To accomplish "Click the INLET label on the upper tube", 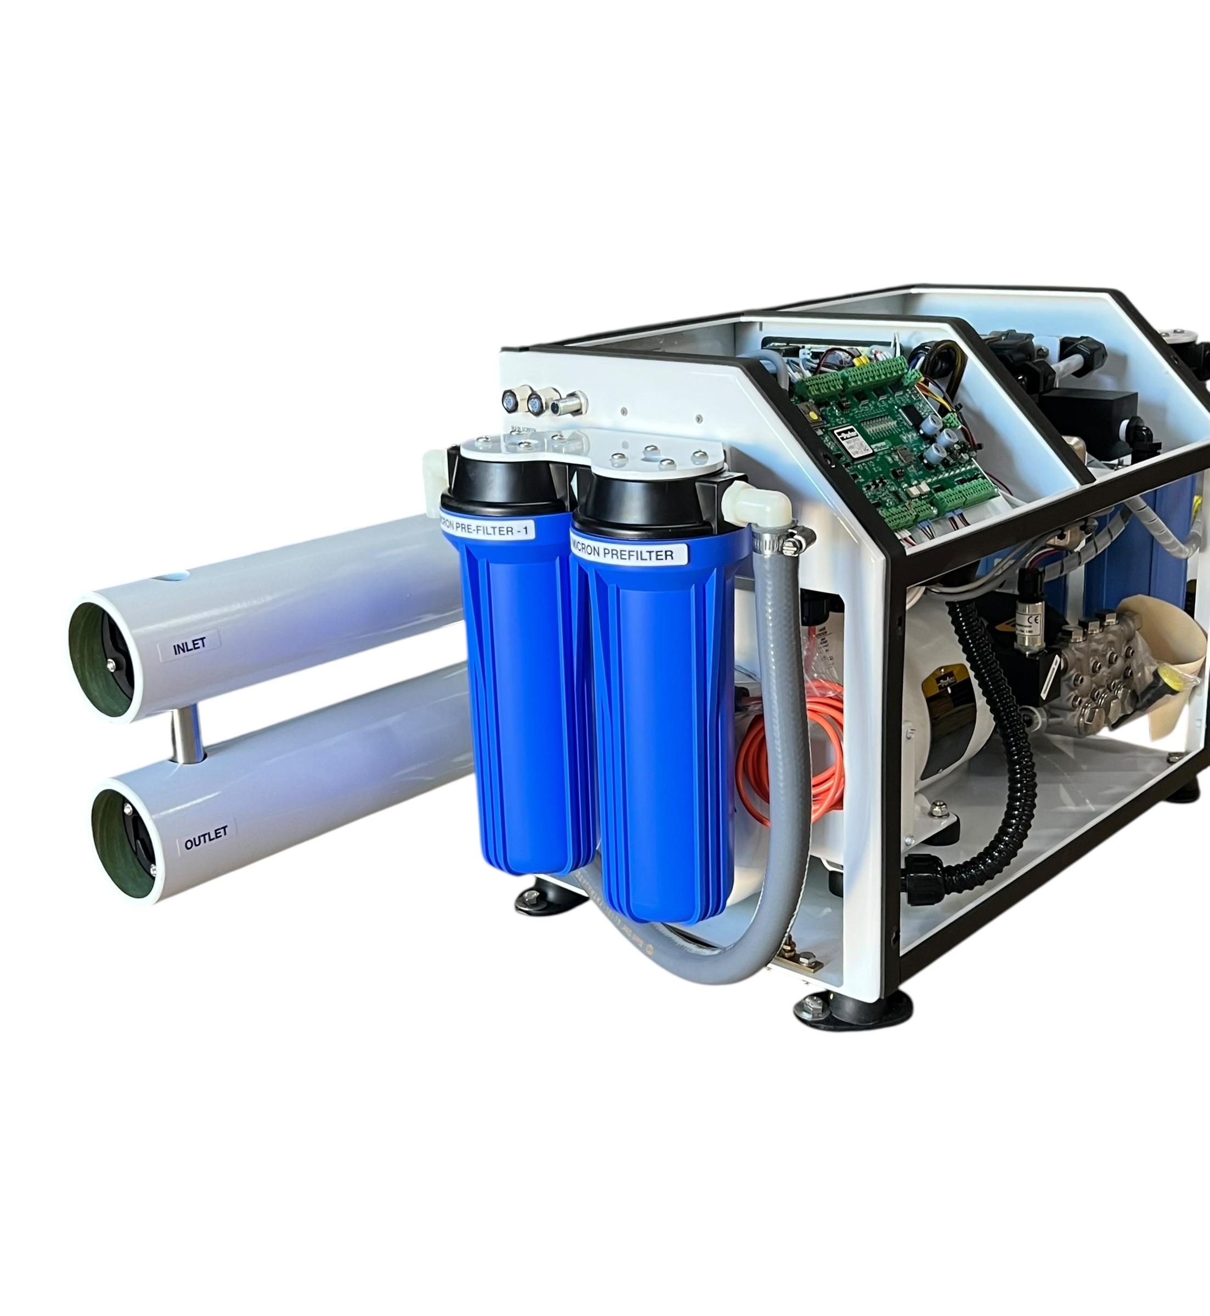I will (189, 646).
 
